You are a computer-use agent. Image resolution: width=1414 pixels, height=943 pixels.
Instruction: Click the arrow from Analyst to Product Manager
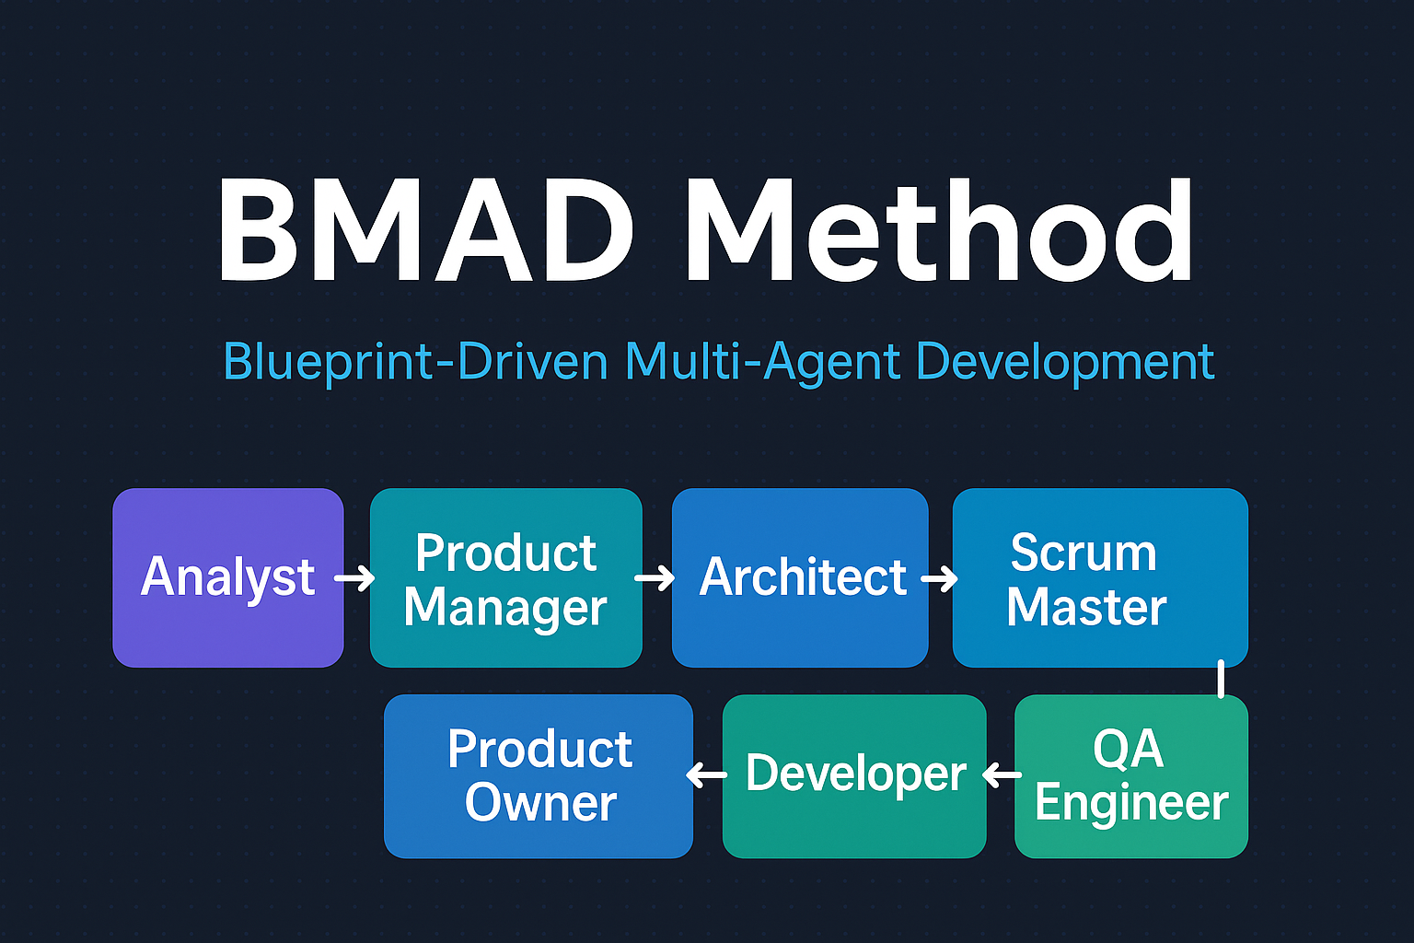click(x=354, y=578)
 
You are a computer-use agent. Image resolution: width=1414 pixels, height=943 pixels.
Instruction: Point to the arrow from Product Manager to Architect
click(x=655, y=578)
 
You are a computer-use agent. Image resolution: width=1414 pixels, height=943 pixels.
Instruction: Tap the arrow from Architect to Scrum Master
click(x=939, y=578)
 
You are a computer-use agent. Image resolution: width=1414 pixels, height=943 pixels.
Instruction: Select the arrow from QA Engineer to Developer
click(x=1002, y=775)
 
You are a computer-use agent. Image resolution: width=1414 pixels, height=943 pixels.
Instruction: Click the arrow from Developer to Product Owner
click(x=707, y=775)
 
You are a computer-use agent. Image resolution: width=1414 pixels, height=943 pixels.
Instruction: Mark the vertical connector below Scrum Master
click(x=1221, y=679)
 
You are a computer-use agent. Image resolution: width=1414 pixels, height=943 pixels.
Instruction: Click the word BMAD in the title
click(x=425, y=230)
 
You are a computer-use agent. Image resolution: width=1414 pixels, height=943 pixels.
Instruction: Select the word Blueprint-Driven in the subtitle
click(x=415, y=362)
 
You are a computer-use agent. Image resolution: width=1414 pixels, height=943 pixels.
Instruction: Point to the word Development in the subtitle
click(x=1065, y=362)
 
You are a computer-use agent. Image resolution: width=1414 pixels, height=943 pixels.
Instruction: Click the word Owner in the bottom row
click(x=540, y=803)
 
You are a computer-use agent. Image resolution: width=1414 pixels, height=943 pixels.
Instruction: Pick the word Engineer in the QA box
click(x=1131, y=803)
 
